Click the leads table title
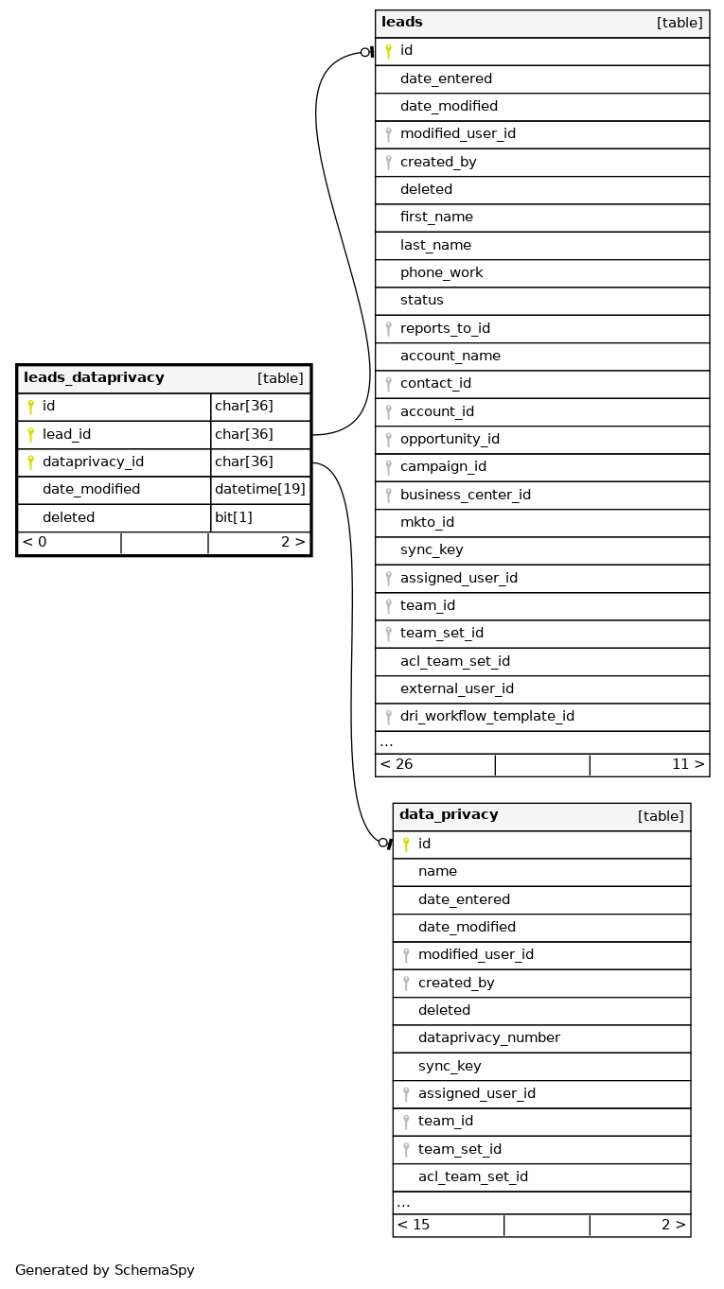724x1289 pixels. [402, 23]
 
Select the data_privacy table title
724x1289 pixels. [449, 815]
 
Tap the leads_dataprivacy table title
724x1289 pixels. [94, 378]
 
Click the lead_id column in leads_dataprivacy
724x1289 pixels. [67, 434]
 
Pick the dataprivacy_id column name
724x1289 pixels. [93, 462]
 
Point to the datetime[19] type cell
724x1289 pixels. [260, 489]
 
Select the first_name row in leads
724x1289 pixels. [436, 217]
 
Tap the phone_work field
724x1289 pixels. [441, 272]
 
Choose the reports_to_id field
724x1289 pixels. [445, 328]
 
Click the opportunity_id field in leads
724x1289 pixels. [450, 439]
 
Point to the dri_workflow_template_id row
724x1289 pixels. [486, 716]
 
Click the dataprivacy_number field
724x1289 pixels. [488, 1037]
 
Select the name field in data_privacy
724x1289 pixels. [437, 871]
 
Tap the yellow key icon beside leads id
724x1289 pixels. [388, 51]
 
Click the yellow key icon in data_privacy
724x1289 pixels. [406, 844]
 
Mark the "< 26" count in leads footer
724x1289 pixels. [397, 764]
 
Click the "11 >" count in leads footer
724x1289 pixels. [688, 764]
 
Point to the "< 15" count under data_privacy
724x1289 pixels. [414, 1225]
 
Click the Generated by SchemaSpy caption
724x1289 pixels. [105, 1270]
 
